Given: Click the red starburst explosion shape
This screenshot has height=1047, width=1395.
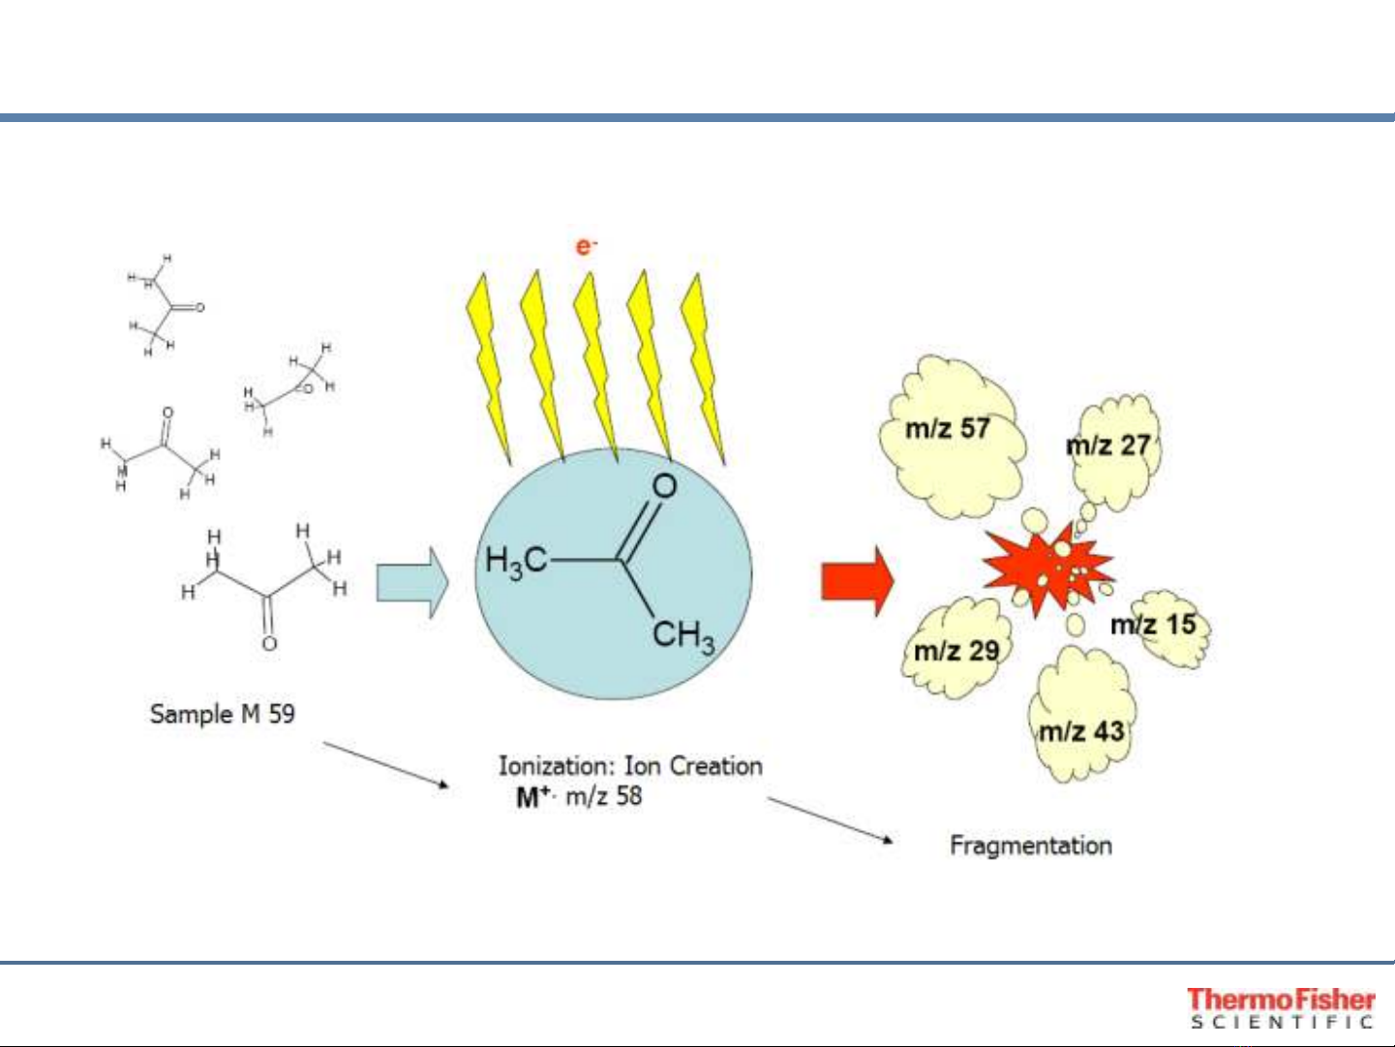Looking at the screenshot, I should click(1046, 570).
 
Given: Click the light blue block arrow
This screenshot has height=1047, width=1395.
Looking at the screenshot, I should click(411, 582).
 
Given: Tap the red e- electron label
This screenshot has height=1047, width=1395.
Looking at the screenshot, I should click(586, 246).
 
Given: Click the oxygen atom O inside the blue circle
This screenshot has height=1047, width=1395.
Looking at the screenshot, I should click(664, 485).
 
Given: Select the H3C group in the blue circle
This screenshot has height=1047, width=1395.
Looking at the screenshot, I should click(516, 561).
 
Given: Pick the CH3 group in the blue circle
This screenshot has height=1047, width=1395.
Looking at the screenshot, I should click(683, 636).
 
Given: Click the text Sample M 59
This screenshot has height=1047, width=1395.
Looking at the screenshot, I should click(222, 714).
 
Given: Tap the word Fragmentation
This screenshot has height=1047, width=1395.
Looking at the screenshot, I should click(1030, 846).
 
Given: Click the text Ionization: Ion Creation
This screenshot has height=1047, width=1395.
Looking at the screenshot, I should click(630, 766).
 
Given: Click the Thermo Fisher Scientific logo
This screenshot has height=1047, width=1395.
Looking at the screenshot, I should click(1281, 1007).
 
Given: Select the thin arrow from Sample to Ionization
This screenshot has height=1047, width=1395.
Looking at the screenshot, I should click(385, 764).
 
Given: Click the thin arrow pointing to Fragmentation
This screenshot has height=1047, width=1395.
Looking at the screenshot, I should click(830, 820).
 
